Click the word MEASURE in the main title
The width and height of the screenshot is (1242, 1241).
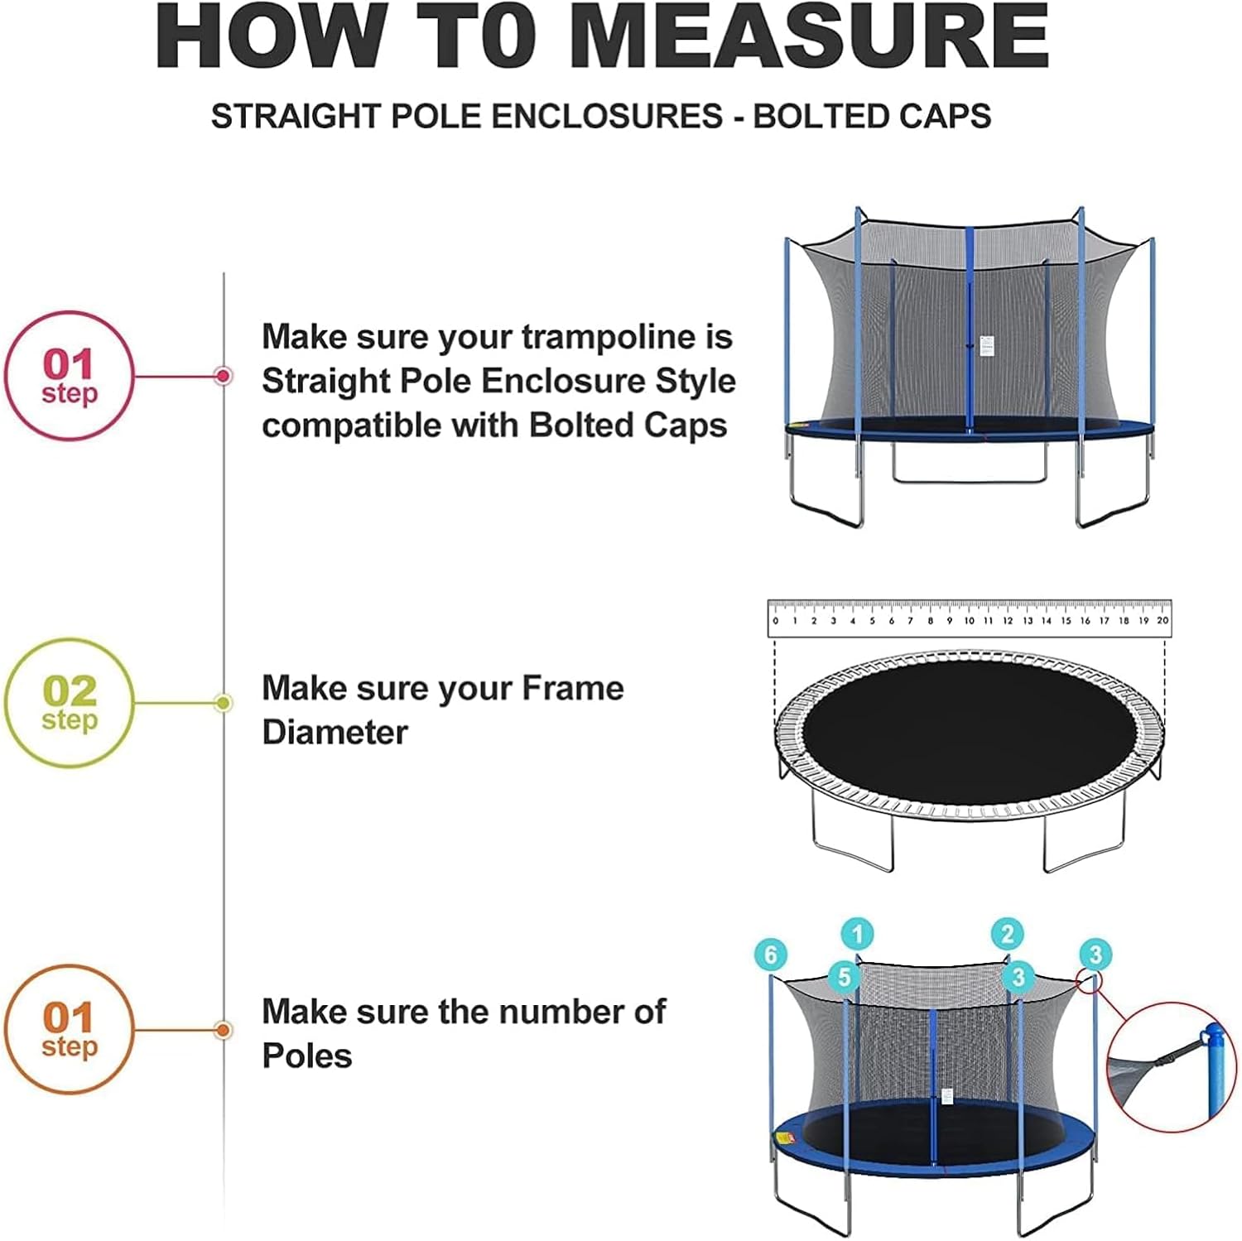pos(809,37)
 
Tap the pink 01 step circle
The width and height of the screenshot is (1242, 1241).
pos(69,376)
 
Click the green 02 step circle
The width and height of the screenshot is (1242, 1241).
pos(69,703)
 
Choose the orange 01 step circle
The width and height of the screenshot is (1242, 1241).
pos(69,1030)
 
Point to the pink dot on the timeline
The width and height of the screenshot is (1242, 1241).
pos(223,376)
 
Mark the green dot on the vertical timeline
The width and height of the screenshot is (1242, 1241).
pos(223,703)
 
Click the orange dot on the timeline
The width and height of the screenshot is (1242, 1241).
pos(223,1030)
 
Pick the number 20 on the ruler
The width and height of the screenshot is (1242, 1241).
pos(1163,620)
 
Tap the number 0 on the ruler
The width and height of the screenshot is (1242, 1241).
pos(775,620)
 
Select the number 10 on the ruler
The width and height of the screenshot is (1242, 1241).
pos(969,620)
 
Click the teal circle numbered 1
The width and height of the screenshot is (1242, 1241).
pos(858,935)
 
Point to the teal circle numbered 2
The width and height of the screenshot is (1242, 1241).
pos(1008,935)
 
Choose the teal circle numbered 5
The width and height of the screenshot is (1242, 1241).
pos(844,977)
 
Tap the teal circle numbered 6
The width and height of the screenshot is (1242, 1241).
pos(771,955)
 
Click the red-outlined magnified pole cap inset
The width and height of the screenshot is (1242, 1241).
pos(1172,1067)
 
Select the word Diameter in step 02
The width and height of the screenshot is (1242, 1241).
pos(335,733)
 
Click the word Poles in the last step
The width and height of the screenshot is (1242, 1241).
pos(307,1056)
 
